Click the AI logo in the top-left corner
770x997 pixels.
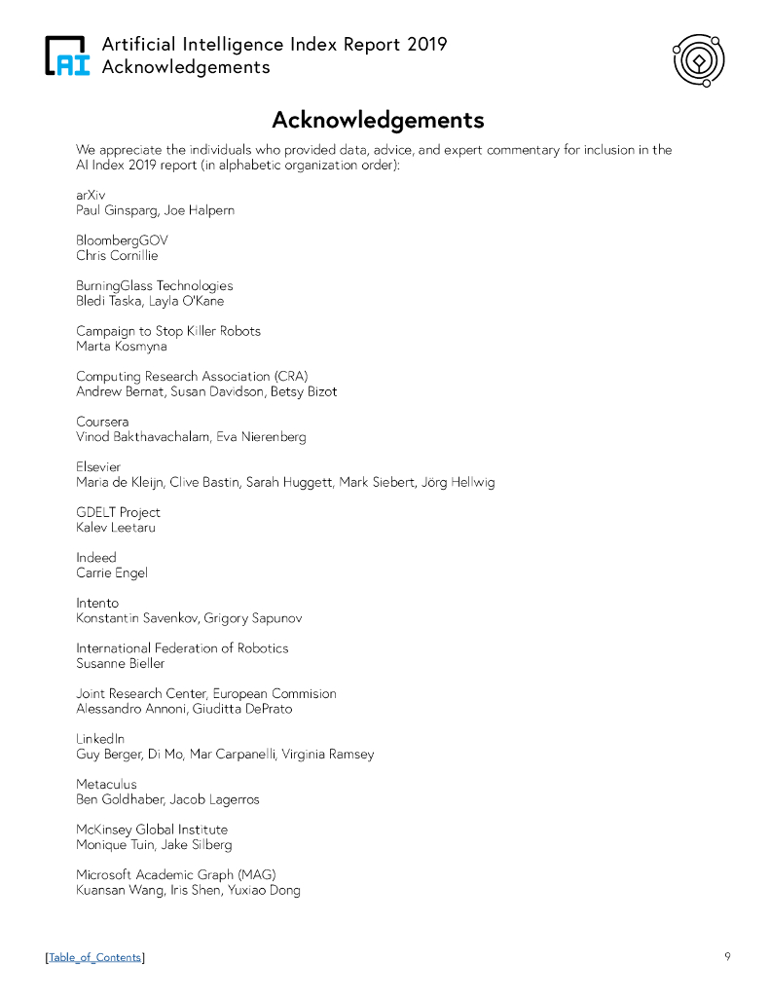coord(67,56)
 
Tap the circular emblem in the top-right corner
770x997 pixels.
coord(698,60)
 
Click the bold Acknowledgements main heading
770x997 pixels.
coord(378,120)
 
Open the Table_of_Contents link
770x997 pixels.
coord(94,958)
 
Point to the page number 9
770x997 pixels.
coord(727,956)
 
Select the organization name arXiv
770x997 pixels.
coord(91,195)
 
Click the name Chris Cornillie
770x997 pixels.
coord(117,256)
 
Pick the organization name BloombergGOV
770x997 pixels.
coord(116,240)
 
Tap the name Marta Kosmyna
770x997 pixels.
coord(122,346)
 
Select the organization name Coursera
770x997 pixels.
coord(102,422)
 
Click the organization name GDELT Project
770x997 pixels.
coord(118,512)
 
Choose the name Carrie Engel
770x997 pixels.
coord(112,572)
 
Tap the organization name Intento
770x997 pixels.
coord(97,603)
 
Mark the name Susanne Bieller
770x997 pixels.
coord(121,663)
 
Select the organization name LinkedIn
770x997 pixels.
coord(100,739)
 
